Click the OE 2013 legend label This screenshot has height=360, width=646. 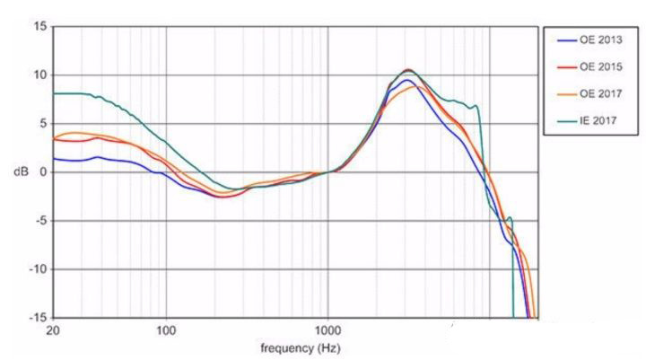[x=598, y=40]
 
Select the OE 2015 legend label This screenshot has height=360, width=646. [x=598, y=66]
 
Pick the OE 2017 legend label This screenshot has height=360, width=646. [x=598, y=92]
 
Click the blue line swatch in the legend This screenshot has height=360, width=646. [x=566, y=40]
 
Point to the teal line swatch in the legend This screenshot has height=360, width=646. [x=566, y=119]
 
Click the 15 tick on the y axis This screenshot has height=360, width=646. [x=39, y=26]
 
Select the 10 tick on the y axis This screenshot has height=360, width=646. [x=39, y=75]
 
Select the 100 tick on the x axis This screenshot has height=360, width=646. [x=167, y=330]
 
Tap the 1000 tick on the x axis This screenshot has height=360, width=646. [x=327, y=330]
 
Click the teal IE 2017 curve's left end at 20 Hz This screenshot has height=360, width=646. [x=55, y=93]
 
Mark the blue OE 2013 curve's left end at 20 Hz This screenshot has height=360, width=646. [x=55, y=158]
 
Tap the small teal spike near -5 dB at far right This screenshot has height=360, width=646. [x=510, y=217]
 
